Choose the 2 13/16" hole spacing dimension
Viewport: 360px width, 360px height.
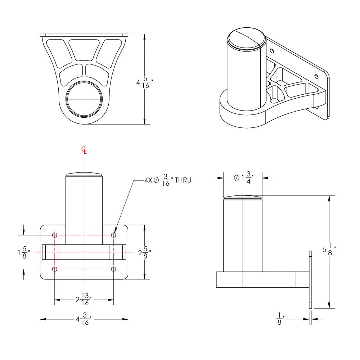(84, 299)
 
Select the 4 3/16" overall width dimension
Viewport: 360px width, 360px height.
(84, 319)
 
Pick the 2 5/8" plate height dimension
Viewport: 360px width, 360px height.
(144, 253)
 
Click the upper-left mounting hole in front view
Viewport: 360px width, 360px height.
(54, 235)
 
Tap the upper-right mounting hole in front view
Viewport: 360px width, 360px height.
(113, 235)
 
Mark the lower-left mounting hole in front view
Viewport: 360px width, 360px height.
(54, 269)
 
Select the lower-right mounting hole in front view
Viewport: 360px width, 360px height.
(113, 269)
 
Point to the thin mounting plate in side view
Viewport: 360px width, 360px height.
(311, 280)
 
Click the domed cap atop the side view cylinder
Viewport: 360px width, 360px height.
(243, 198)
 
